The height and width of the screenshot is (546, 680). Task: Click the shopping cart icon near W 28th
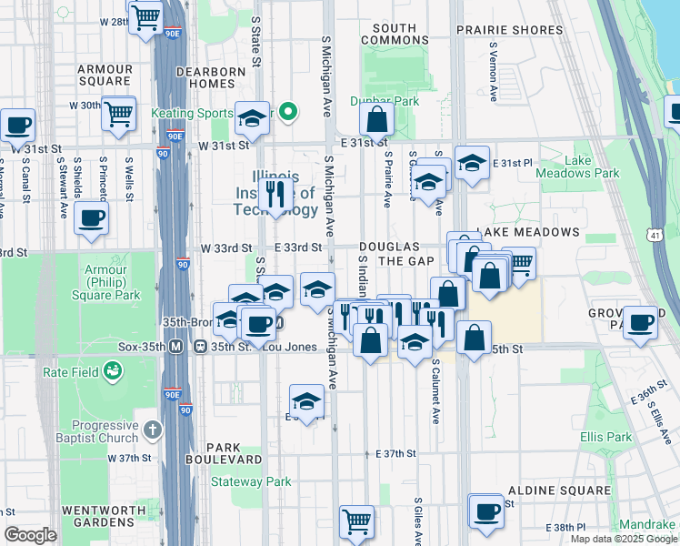[145, 17]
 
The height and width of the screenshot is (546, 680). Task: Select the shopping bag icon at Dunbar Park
[375, 118]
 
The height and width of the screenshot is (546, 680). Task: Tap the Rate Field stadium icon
[113, 370]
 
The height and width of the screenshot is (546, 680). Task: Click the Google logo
[30, 535]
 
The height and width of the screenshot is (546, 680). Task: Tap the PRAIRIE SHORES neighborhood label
[510, 30]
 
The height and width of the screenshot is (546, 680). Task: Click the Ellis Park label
[605, 438]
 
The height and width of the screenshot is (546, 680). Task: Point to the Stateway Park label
[251, 481]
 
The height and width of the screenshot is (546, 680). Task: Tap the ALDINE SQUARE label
[559, 490]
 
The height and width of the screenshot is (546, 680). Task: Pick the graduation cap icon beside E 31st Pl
[472, 163]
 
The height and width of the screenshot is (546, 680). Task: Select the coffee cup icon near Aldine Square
[486, 511]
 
